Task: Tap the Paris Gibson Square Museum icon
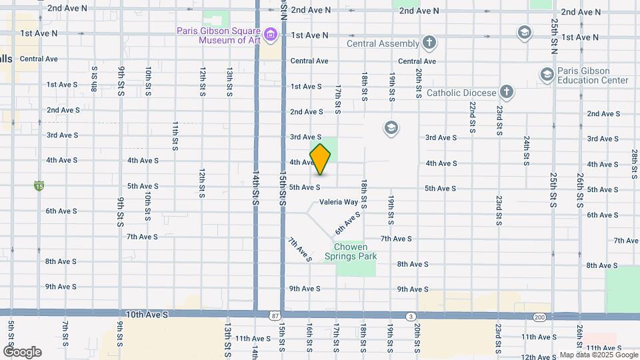tap(270, 34)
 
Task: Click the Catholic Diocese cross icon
tap(507, 93)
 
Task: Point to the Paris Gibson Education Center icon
tap(547, 73)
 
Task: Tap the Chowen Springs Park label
tap(351, 251)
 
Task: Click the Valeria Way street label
tap(339, 202)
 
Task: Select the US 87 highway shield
tap(276, 315)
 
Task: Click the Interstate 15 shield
tap(39, 187)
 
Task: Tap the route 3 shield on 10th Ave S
tap(411, 315)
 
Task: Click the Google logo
tap(22, 352)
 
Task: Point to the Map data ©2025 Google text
tap(598, 355)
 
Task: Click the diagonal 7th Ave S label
tap(300, 249)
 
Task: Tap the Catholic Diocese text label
tap(461, 93)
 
